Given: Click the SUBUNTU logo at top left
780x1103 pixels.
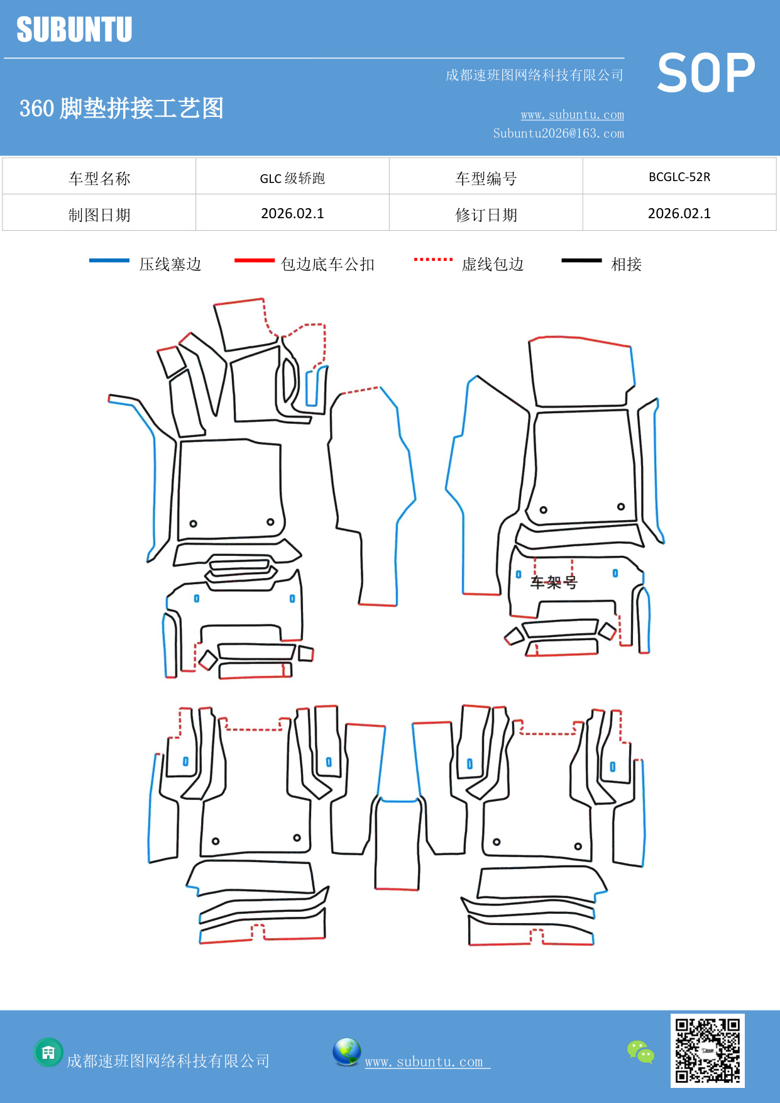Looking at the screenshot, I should pyautogui.click(x=74, y=30).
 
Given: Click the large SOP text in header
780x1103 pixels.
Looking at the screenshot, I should pyautogui.click(x=706, y=74).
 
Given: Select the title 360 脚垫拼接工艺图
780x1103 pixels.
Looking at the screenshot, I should pyautogui.click(x=121, y=108).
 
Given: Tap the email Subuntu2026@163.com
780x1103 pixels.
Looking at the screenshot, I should pyautogui.click(x=558, y=133).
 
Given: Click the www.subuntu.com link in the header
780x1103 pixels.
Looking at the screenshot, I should pyautogui.click(x=572, y=114).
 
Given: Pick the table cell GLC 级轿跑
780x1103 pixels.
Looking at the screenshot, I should pyautogui.click(x=292, y=178).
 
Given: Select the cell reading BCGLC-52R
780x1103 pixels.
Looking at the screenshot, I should pyautogui.click(x=679, y=177).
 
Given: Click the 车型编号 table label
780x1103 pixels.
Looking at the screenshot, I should pyautogui.click(x=486, y=179).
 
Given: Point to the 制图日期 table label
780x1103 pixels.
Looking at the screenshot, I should pyautogui.click(x=99, y=215).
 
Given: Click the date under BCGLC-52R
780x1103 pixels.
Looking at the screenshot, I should pyautogui.click(x=679, y=214).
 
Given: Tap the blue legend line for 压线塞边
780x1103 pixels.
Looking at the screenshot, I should pyautogui.click(x=109, y=260).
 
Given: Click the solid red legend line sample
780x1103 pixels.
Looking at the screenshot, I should pyautogui.click(x=254, y=260).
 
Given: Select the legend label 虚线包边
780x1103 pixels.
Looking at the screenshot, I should pyautogui.click(x=492, y=264).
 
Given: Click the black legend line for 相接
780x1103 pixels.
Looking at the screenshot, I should pyautogui.click(x=581, y=260).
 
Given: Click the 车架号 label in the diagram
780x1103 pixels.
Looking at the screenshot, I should pyautogui.click(x=553, y=582).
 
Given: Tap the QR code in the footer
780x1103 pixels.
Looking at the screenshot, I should pyautogui.click(x=707, y=1051).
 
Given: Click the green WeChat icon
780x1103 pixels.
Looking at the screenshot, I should pyautogui.click(x=640, y=1051).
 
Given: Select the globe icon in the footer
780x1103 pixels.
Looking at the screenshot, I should pyautogui.click(x=346, y=1052).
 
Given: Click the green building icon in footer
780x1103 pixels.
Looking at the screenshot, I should pyautogui.click(x=48, y=1052).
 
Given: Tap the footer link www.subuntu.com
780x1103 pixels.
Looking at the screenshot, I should pyautogui.click(x=424, y=1061).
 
